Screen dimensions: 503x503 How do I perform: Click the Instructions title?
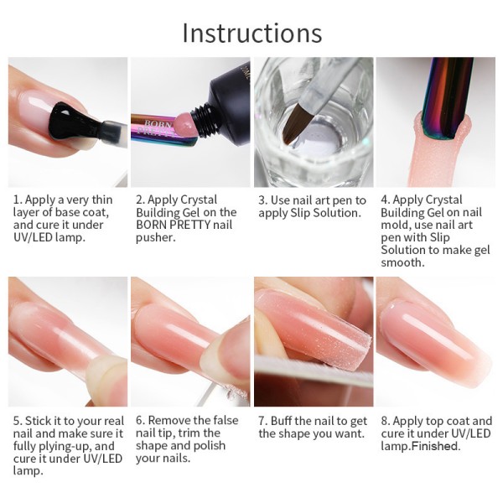pyautogui.click(x=251, y=33)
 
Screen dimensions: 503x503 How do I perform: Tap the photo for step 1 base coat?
pyautogui.click(x=68, y=122)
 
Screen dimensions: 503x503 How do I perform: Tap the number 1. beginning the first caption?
pyautogui.click(x=18, y=200)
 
